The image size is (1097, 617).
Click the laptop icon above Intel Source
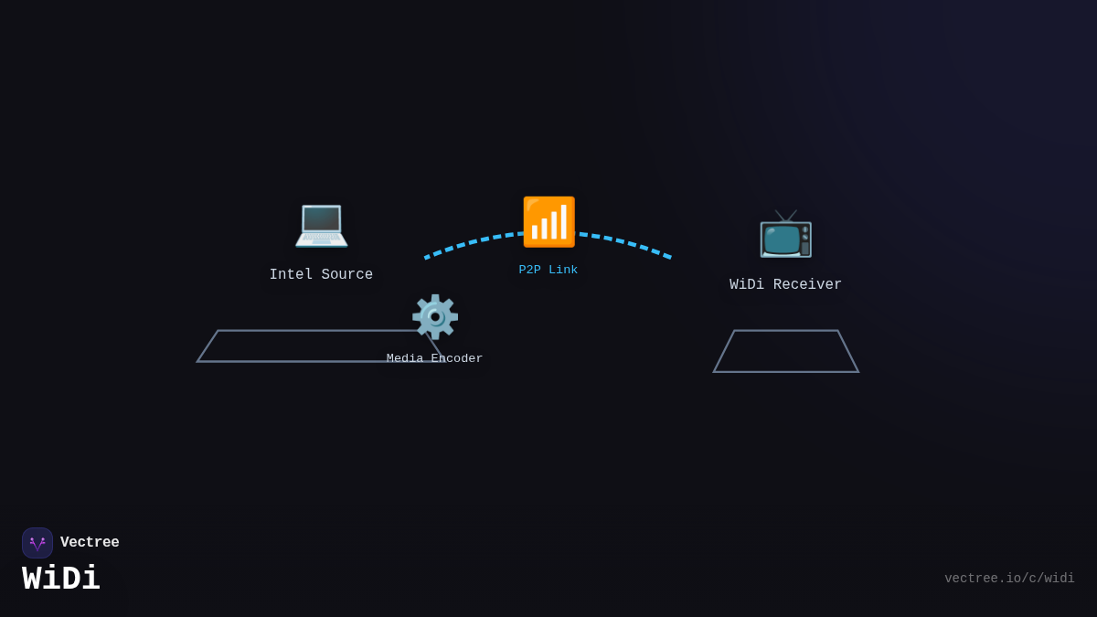pyautogui.click(x=321, y=224)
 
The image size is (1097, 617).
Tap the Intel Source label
pyautogui.click(x=321, y=275)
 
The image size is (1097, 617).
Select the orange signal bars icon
pyautogui.click(x=548, y=222)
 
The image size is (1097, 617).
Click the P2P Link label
pyautogui.click(x=548, y=271)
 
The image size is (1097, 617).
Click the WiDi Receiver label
pyautogui.click(x=785, y=285)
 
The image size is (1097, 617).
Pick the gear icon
pyautogui.click(x=435, y=317)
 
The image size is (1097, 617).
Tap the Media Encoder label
pyautogui.click(x=434, y=359)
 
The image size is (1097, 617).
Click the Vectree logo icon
pyautogui.click(x=37, y=543)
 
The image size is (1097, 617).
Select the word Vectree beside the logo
pyautogui.click(x=90, y=543)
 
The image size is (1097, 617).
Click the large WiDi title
pyautogui.click(x=61, y=580)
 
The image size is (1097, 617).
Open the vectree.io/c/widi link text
pyautogui.click(x=1009, y=579)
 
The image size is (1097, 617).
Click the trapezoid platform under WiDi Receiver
pyautogui.click(x=785, y=352)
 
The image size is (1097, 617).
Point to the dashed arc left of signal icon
pyautogui.click(x=471, y=242)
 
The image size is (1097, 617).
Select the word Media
pyautogui.click(x=405, y=359)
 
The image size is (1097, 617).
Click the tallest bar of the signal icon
pyautogui.click(x=564, y=222)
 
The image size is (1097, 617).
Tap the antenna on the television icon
pyautogui.click(x=786, y=217)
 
